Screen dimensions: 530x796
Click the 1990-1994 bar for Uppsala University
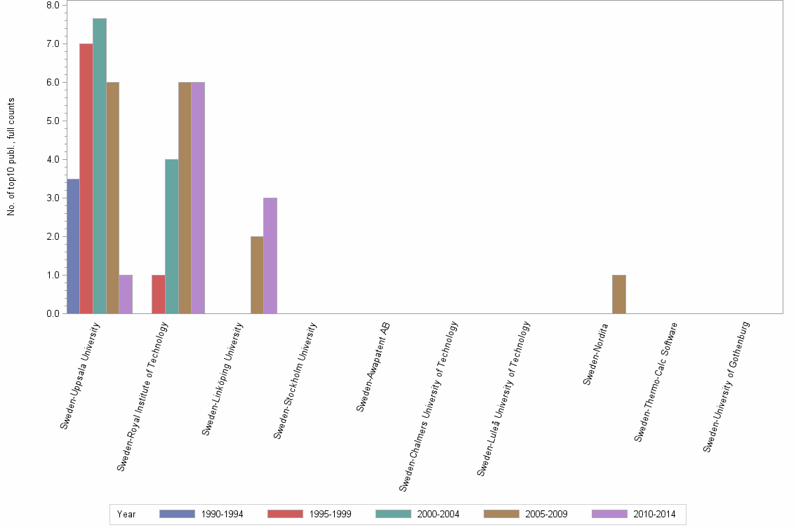pos(73,246)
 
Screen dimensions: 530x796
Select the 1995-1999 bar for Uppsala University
pos(86,179)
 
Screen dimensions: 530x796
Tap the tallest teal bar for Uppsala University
pos(100,166)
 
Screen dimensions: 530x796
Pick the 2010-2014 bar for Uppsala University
pos(126,294)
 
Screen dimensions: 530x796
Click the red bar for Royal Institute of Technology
pos(159,294)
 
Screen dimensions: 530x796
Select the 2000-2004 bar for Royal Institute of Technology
pos(172,236)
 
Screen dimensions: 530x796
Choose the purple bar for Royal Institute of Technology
pos(198,198)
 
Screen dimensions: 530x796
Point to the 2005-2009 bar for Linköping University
pos(257,275)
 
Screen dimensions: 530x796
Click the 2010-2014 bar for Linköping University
pos(270,256)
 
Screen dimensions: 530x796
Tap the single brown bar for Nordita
pos(618,294)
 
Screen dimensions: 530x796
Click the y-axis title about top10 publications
pos(11,156)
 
